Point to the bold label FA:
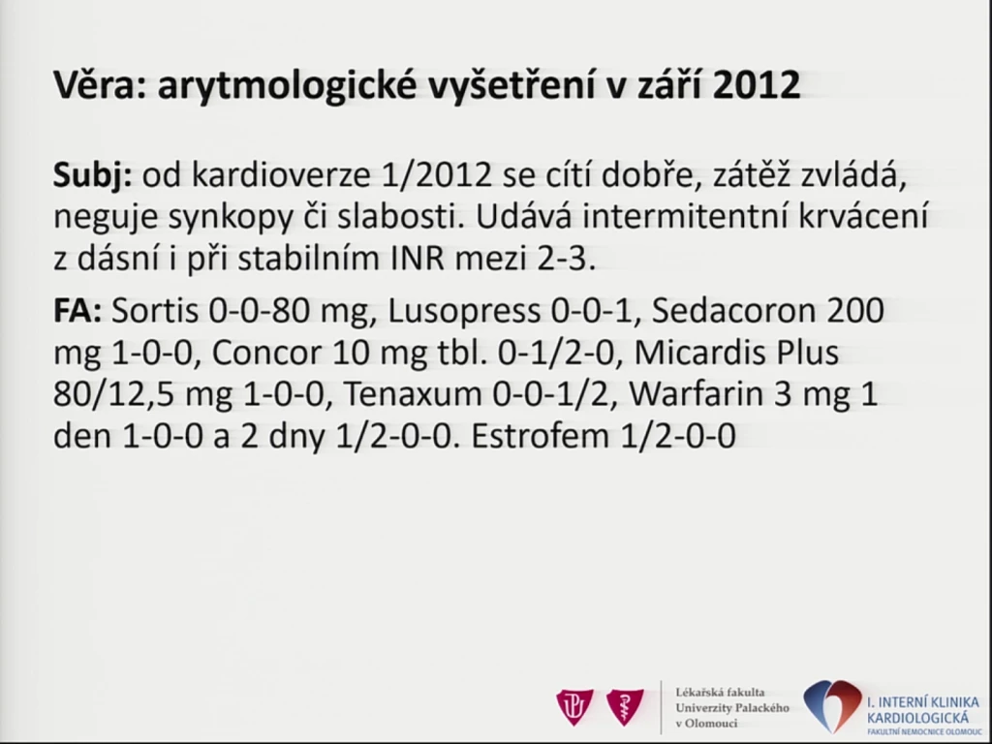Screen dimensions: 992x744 pos(77,311)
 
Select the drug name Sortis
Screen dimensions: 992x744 pos(154,311)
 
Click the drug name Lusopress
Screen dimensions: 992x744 pos(464,311)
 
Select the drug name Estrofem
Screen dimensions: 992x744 pos(541,436)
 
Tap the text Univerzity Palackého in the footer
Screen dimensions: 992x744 pos(732,708)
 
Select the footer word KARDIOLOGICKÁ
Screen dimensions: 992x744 pos(917,718)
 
